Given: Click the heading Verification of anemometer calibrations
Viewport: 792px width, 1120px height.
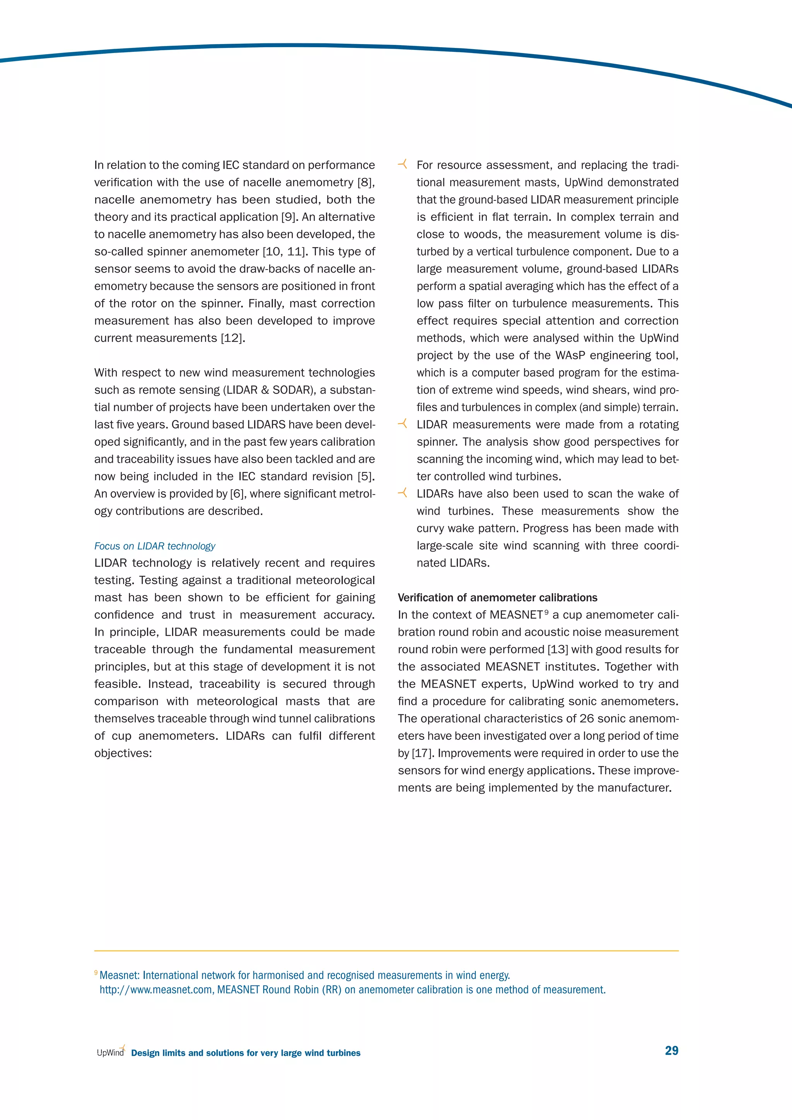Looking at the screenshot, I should pos(497,598).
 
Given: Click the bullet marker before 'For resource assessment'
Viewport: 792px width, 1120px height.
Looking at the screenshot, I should pos(402,164).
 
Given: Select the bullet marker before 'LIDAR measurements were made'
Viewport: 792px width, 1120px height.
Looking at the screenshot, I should pos(402,424).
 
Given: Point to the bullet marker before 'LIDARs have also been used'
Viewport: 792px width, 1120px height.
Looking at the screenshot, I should pos(402,493).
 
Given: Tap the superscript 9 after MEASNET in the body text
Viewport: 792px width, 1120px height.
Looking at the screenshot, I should pos(547,612).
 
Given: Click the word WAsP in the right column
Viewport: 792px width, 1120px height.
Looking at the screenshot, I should pos(570,356).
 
